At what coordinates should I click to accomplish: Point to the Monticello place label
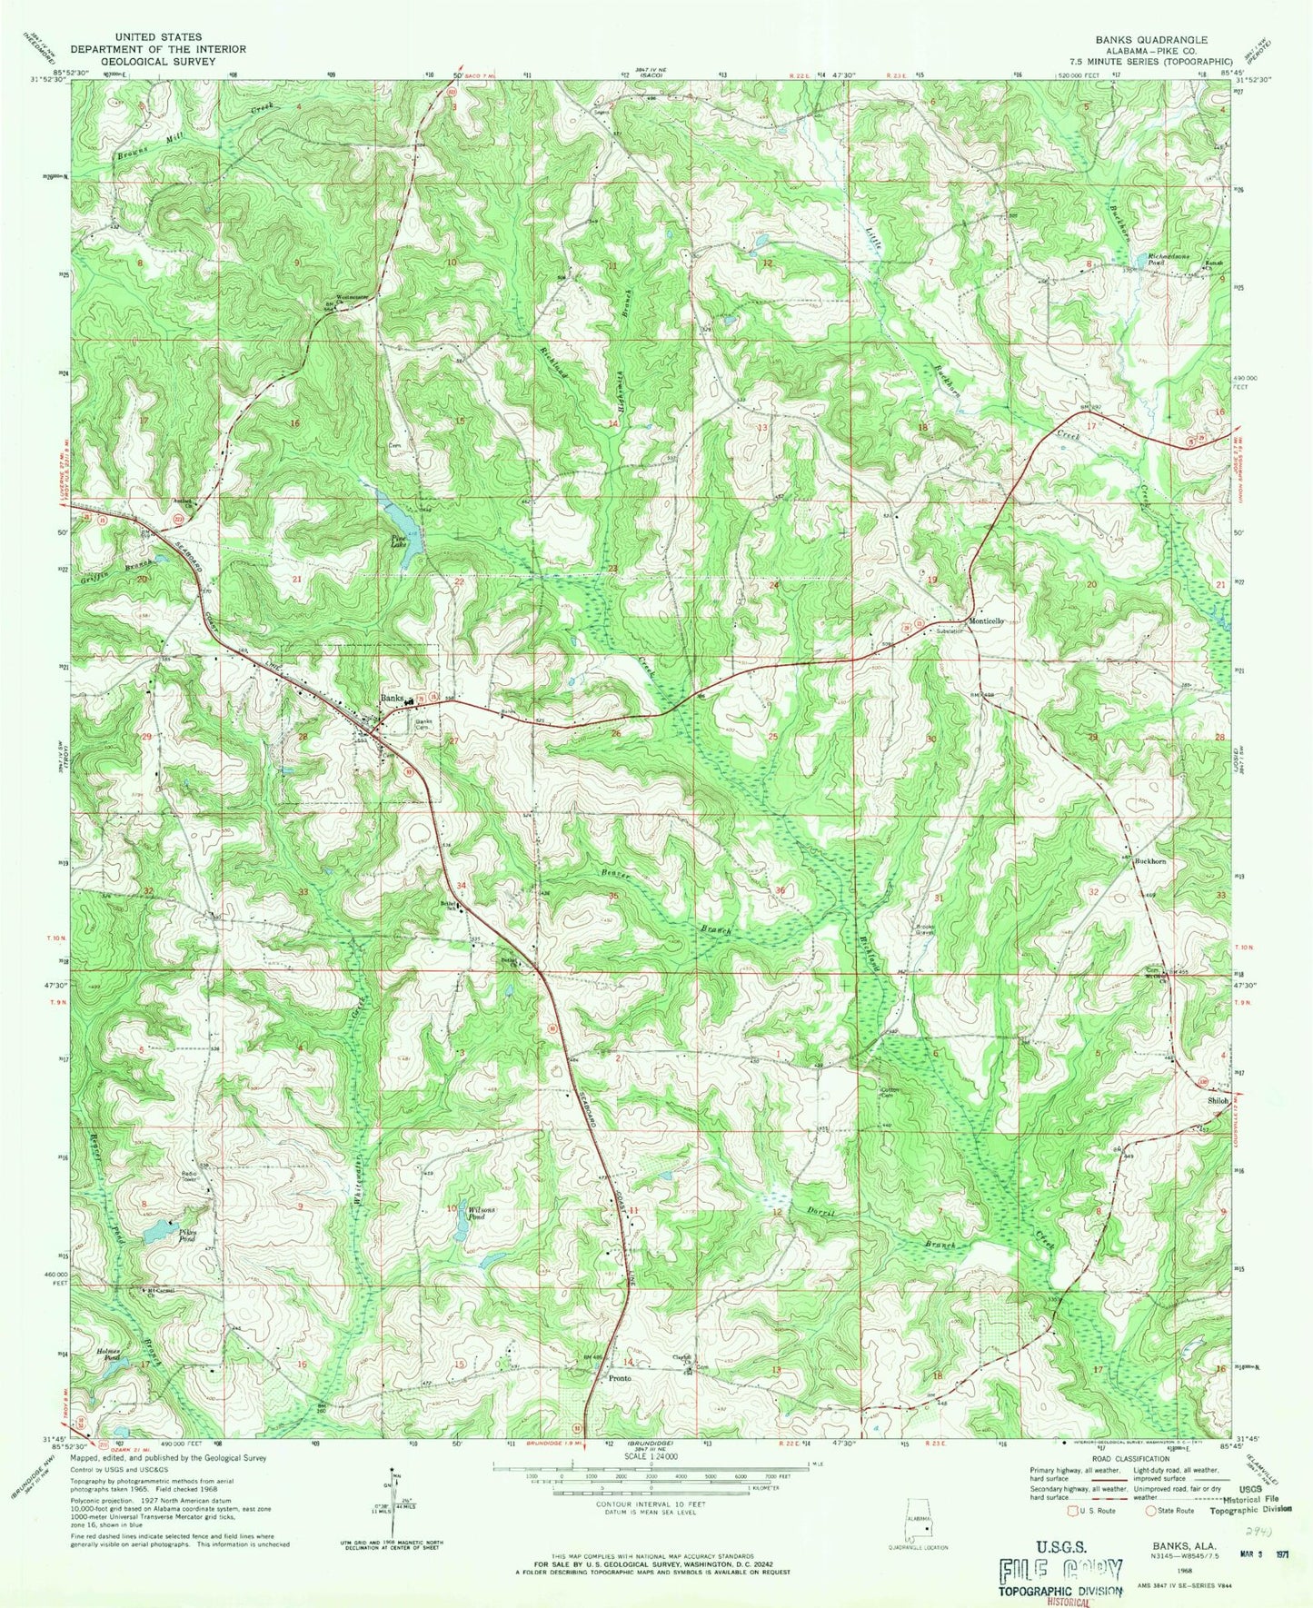coord(987,620)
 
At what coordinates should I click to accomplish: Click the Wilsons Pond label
coord(481,1212)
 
